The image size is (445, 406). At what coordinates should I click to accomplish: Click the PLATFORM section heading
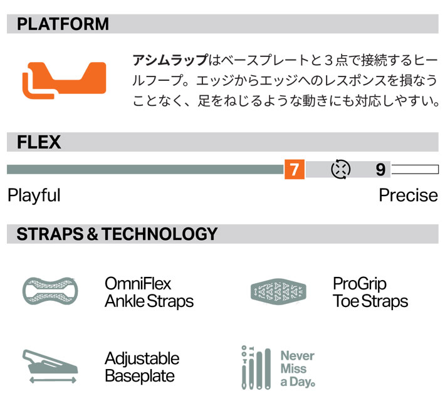63,24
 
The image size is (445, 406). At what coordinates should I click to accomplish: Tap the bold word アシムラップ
170,60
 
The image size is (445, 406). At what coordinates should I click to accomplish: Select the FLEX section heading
39,142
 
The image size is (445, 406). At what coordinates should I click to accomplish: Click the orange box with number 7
295,169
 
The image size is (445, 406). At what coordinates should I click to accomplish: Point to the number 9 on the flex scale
380,170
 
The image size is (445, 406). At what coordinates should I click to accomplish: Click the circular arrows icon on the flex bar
340,169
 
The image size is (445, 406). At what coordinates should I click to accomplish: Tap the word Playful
34,195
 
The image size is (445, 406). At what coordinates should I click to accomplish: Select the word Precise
409,195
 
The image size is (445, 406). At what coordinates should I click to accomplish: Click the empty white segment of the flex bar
415,169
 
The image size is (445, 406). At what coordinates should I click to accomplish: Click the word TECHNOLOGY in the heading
159,234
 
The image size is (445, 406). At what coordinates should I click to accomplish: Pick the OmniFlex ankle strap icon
50,291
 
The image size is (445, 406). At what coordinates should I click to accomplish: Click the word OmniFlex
138,283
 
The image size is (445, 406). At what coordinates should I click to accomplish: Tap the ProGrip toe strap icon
278,292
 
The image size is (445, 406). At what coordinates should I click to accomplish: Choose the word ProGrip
360,284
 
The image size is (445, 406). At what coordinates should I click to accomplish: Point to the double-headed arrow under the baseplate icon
53,380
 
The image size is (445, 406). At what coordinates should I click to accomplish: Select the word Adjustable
142,358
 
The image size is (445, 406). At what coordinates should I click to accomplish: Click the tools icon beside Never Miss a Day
256,368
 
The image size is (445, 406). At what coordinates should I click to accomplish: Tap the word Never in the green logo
298,356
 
